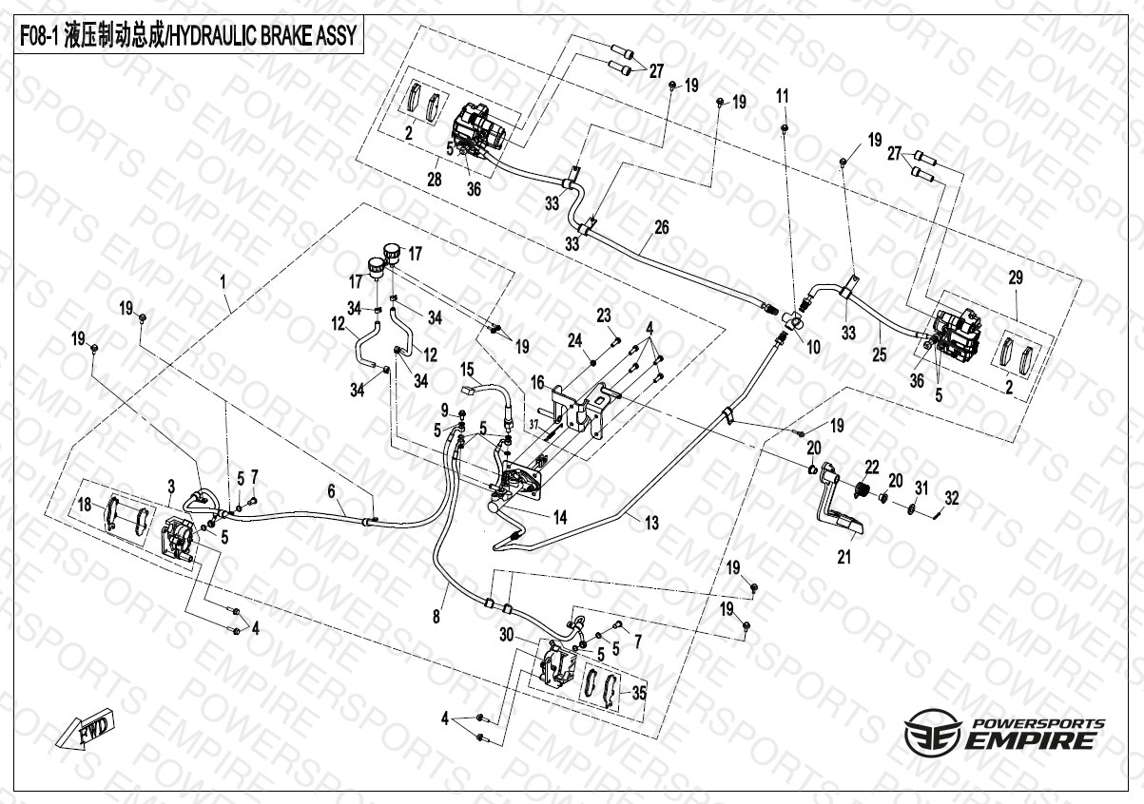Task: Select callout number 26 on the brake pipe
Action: [662, 227]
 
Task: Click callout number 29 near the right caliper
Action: [1016, 278]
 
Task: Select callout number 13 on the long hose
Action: [651, 522]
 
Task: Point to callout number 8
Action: [436, 617]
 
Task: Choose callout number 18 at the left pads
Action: [86, 505]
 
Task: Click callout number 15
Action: [467, 369]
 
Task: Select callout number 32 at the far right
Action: [952, 496]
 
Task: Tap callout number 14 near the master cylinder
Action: [560, 518]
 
